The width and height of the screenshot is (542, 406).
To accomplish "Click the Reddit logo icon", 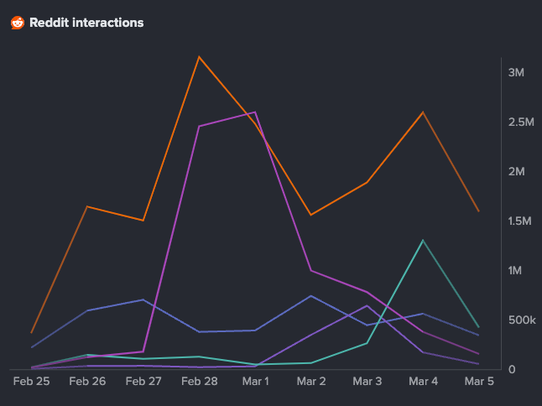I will pos(18,23).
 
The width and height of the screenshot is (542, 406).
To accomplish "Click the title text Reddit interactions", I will pos(86,23).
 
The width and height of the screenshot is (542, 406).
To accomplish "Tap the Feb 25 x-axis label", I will pos(31,381).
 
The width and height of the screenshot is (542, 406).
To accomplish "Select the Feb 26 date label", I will pos(87,381).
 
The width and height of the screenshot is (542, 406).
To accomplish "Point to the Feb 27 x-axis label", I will pos(143,381).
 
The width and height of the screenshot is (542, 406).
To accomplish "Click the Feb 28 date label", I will pos(199,381).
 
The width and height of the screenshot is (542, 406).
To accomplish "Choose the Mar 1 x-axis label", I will pos(255,381).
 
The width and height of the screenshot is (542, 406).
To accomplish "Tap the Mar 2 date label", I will pos(311,381).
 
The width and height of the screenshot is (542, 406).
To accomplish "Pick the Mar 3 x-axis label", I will pos(367,381).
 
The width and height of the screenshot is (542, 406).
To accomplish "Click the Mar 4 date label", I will pos(423,381).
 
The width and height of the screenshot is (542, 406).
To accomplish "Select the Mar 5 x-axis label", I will pos(479,381).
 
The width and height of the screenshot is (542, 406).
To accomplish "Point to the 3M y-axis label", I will pos(516,72).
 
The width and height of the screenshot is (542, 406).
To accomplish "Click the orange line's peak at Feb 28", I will pos(199,57).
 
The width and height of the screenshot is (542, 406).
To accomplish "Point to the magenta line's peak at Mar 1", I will pos(255,112).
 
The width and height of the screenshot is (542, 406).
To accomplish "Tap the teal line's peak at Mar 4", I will pos(423,241).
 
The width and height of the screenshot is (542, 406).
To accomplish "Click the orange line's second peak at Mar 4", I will pos(423,112).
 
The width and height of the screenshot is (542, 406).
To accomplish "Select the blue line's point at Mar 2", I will pos(311,296).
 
